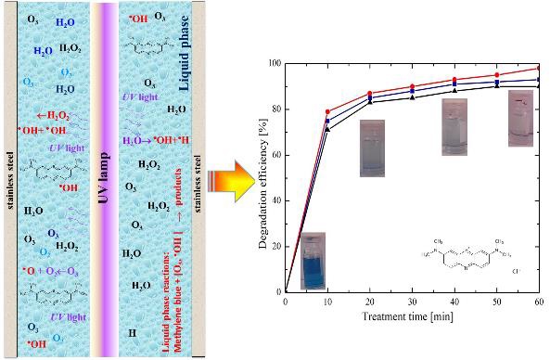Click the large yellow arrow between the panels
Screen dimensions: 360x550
233,176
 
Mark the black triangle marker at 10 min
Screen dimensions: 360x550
327,129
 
